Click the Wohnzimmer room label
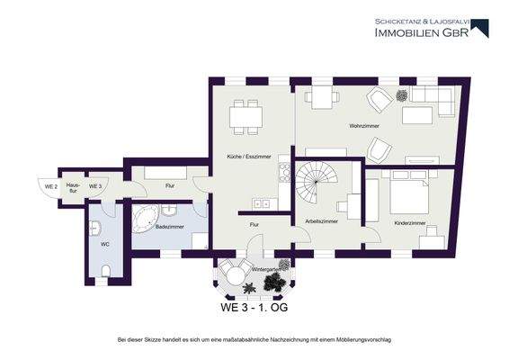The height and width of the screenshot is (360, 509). point(364,126)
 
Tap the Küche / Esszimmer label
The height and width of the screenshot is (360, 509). point(249,157)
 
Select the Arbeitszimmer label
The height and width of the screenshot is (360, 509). point(321,221)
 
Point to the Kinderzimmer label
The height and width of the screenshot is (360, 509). point(410,223)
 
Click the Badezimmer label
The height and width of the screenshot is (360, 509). point(169,227)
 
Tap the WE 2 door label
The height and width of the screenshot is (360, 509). point(51,187)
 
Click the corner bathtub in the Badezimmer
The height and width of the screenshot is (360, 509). point(145,219)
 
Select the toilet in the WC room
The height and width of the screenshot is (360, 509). point(106,271)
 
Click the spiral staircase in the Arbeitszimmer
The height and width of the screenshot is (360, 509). point(317,183)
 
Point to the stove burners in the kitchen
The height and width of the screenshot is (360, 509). point(285,172)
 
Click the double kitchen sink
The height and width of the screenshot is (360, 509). point(262,204)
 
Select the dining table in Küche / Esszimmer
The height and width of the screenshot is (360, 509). point(246,117)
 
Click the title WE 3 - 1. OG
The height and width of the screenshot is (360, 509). point(254,308)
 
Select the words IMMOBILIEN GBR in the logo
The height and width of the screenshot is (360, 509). point(422,32)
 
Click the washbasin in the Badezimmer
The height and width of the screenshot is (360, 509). point(169,211)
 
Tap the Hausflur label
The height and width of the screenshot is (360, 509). point(73,188)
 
